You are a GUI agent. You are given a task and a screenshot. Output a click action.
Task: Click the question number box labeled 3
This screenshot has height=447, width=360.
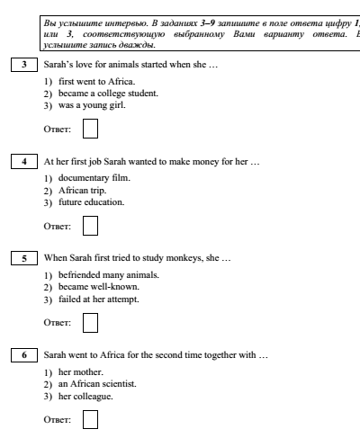tap(24, 65)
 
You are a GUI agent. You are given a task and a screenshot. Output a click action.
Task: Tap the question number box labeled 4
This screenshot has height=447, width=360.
tap(24, 161)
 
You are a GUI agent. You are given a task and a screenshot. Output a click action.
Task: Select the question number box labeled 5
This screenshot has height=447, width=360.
tap(24, 258)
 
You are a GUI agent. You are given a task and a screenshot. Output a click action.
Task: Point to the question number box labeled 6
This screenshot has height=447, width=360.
tap(24, 355)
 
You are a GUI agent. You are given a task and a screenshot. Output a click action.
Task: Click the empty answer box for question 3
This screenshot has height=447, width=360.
tap(90, 129)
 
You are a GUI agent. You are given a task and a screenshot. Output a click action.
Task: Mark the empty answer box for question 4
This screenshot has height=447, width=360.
tap(90, 226)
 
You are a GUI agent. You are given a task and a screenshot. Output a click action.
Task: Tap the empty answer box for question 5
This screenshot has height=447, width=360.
tap(90, 323)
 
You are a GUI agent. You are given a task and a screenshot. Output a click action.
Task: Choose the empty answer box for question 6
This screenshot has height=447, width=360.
tap(90, 419)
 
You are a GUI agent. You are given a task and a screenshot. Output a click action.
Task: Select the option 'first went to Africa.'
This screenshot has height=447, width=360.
tap(96, 82)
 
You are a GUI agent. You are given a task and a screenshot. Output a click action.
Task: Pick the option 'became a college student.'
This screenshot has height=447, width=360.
tap(108, 94)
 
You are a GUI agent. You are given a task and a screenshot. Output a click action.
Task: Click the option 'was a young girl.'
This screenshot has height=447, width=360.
tap(92, 105)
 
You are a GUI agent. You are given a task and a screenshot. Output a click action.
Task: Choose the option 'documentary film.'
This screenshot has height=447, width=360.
tap(94, 178)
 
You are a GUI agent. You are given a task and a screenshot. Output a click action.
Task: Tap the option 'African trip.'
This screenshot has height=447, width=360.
tap(82, 191)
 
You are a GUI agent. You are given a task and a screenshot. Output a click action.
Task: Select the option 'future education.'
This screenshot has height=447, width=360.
tap(91, 202)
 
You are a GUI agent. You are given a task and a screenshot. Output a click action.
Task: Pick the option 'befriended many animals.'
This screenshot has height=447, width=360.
tap(109, 275)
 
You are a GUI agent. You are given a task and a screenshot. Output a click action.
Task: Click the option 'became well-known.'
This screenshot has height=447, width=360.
tap(99, 287)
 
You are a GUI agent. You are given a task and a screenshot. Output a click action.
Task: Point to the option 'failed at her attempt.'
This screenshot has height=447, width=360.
tap(99, 299)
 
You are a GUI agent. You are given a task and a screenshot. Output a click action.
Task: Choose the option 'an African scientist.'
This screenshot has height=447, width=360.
tap(97, 384)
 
